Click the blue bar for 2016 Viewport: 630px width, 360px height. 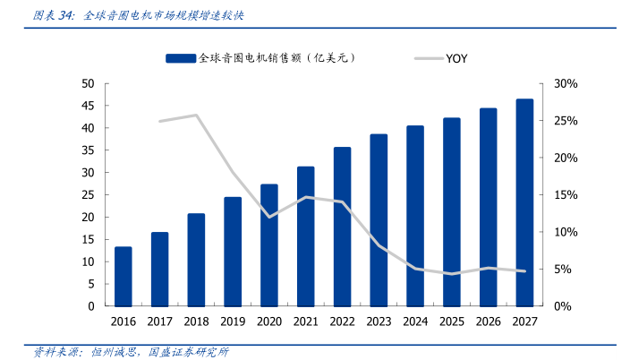click(x=123, y=277)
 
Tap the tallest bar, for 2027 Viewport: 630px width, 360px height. click(x=524, y=202)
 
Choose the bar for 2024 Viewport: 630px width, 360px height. click(x=415, y=216)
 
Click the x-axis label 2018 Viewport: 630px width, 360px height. click(x=196, y=321)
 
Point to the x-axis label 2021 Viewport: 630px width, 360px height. click(x=305, y=321)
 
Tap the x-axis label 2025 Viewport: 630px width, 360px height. click(x=452, y=321)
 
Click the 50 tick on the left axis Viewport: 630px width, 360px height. click(x=88, y=83)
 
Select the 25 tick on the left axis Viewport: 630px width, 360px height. click(x=88, y=195)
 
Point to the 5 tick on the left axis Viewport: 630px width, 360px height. click(x=91, y=284)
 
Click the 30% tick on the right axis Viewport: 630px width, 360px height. click(x=566, y=83)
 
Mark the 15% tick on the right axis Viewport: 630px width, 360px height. click(x=566, y=195)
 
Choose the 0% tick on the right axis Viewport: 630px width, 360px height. click(x=563, y=306)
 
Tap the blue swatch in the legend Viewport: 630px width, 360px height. click(x=180, y=58)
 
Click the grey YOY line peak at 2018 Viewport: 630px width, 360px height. click(x=196, y=115)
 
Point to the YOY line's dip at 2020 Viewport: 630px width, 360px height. click(x=269, y=217)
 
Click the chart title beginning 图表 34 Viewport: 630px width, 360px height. click(x=138, y=16)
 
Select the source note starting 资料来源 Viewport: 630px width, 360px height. click(x=131, y=351)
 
